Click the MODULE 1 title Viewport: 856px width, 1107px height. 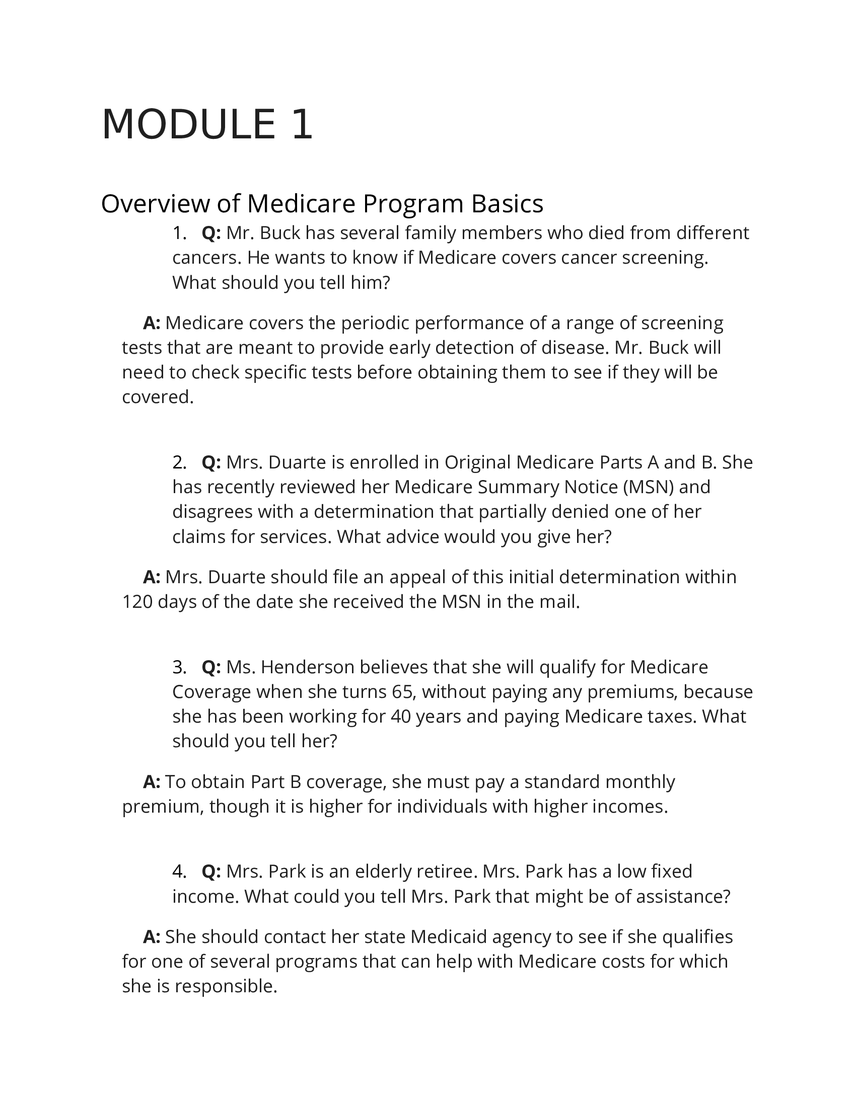point(207,125)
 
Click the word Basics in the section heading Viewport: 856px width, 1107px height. point(507,204)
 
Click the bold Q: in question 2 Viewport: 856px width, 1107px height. point(211,462)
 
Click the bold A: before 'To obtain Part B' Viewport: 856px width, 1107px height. point(152,781)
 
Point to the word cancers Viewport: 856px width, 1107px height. point(207,258)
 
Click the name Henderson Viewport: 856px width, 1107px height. point(307,667)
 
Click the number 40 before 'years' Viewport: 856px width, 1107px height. point(401,716)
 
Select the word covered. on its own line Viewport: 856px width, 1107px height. point(158,397)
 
